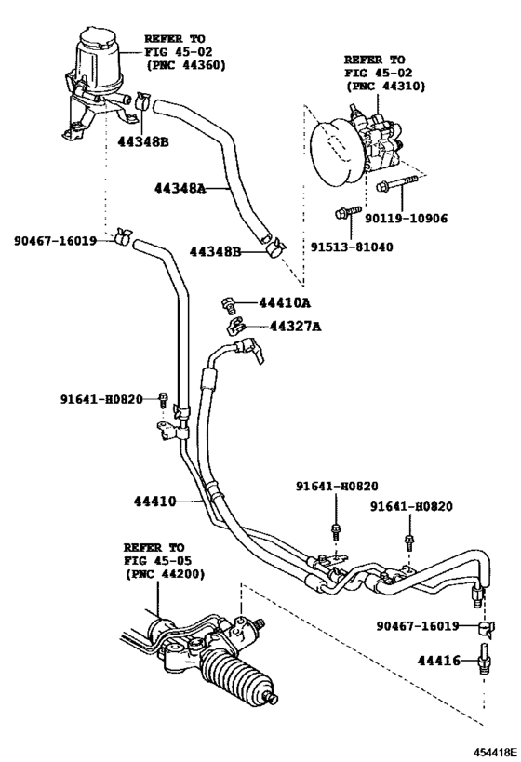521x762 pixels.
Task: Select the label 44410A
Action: point(285,302)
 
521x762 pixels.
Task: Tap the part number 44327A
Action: point(295,326)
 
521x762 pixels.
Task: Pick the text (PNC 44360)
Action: point(185,64)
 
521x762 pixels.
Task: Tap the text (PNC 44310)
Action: point(385,86)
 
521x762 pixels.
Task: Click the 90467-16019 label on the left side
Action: point(55,240)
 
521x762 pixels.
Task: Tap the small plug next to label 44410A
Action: point(226,303)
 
